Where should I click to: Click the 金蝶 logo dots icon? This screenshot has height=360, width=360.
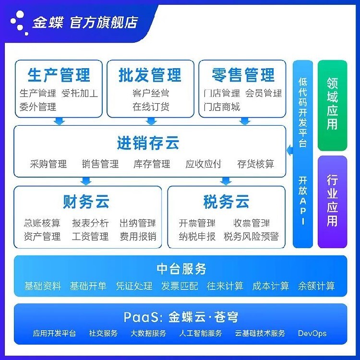[x=19, y=23]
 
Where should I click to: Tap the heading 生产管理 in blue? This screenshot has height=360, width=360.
[x=59, y=75]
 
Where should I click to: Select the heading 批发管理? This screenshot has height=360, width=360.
[x=150, y=75]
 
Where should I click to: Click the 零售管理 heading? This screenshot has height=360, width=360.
[x=243, y=75]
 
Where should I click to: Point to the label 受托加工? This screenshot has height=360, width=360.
[x=80, y=93]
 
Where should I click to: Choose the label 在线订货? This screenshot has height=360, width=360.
[x=151, y=107]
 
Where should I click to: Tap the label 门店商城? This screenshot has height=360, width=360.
[x=222, y=107]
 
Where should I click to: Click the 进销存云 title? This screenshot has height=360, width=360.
[x=148, y=143]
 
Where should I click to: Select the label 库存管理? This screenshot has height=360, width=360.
[x=152, y=164]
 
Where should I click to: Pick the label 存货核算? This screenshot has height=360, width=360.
[x=256, y=164]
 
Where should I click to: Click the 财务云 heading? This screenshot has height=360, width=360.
[x=86, y=202]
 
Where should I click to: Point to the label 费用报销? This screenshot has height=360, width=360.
[x=138, y=237]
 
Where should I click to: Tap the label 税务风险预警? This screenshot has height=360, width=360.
[x=251, y=237]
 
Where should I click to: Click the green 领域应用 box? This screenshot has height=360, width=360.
[x=332, y=106]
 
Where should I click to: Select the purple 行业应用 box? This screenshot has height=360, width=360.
[x=332, y=202]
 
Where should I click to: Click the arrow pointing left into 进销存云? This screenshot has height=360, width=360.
[x=290, y=150]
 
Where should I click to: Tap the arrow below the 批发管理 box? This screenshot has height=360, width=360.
[x=151, y=121]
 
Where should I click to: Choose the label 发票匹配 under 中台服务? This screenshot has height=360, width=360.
[x=180, y=286]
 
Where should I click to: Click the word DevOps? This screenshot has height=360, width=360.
[x=312, y=333]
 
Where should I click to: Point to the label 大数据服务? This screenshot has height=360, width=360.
[x=148, y=333]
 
